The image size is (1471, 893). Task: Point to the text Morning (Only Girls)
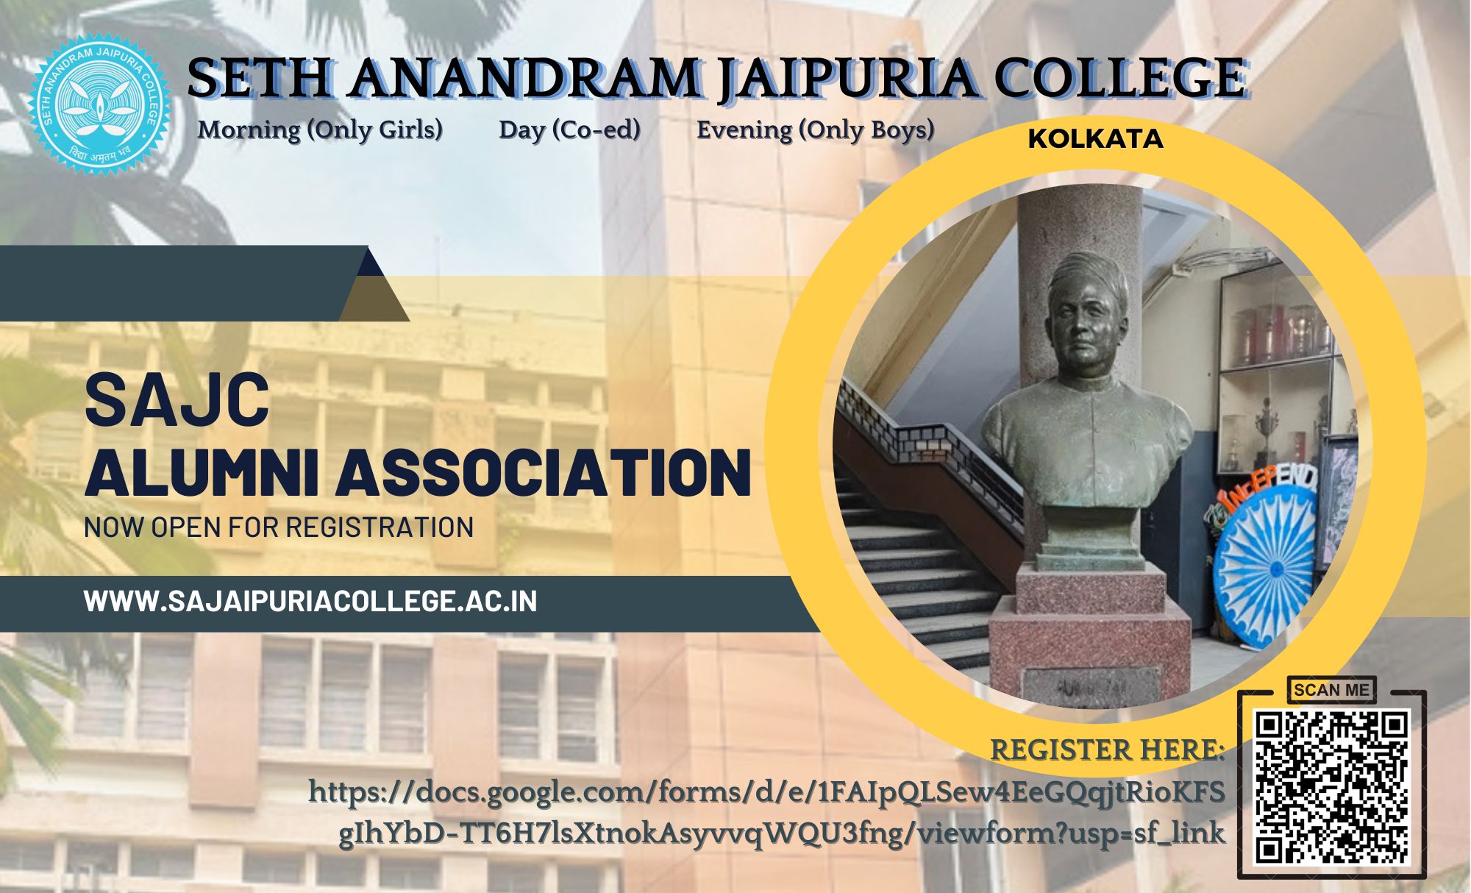pos(320,130)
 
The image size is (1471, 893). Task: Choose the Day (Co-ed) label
pos(569,130)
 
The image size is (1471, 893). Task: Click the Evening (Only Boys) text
pos(815,130)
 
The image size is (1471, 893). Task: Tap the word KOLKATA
pos(1096,139)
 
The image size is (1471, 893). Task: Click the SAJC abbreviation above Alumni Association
pos(177,400)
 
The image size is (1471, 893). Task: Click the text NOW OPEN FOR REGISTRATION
pos(279,527)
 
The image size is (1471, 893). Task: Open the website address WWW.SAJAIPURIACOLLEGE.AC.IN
pos(310,601)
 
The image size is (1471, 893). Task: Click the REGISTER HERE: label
pos(1108,750)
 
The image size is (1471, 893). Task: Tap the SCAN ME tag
pos(1331,690)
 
